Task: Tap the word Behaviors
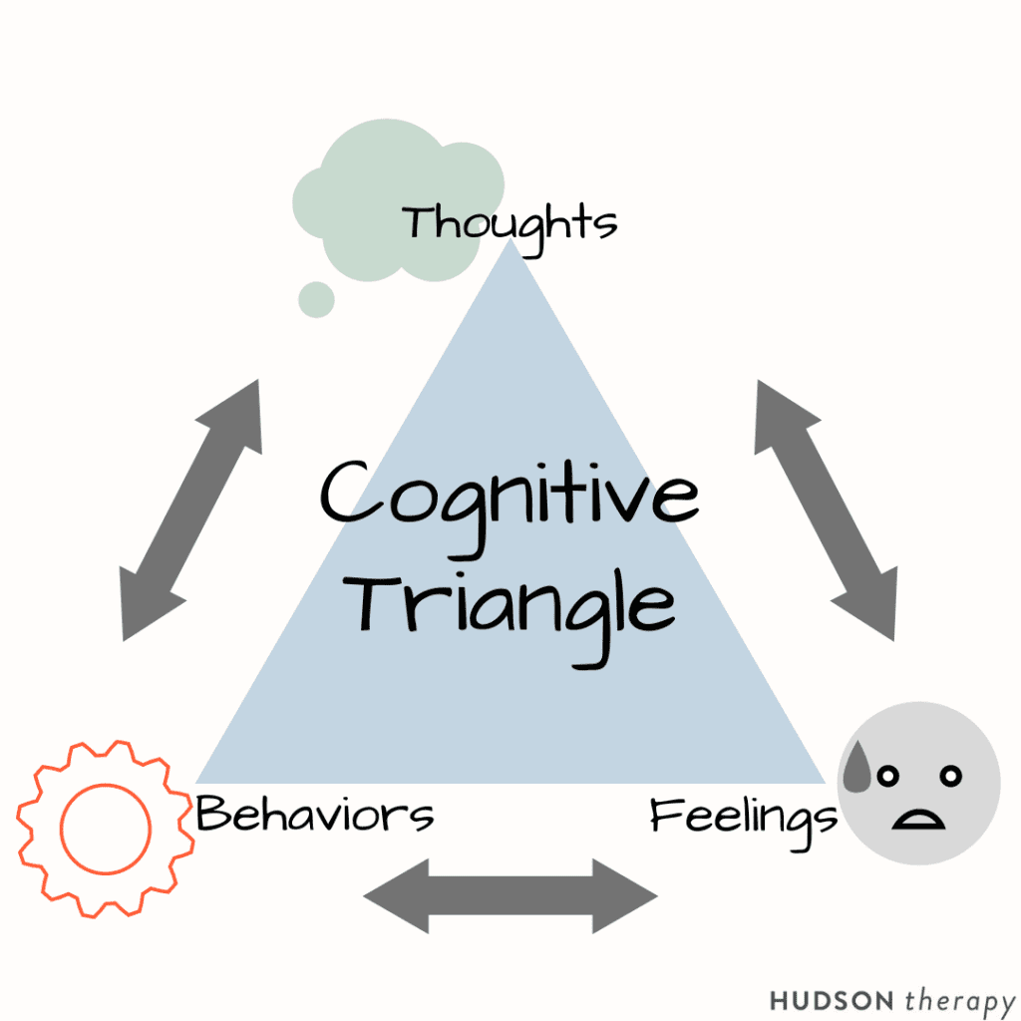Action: tap(315, 815)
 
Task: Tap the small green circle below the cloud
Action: tap(317, 298)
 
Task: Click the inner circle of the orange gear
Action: tap(106, 828)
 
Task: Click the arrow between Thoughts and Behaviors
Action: tap(190, 510)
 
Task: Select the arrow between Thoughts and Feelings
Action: tap(826, 510)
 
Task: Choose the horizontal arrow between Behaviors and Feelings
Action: tap(510, 895)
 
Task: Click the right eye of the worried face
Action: tap(951, 775)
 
